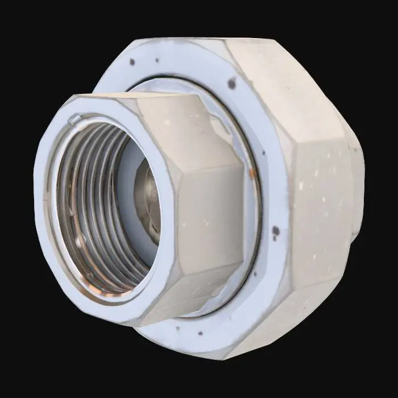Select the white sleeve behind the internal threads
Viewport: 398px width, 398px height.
pos(128,165)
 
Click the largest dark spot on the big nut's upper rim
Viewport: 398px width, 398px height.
pos(231,84)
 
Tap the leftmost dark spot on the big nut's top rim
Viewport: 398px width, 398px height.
pos(132,61)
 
